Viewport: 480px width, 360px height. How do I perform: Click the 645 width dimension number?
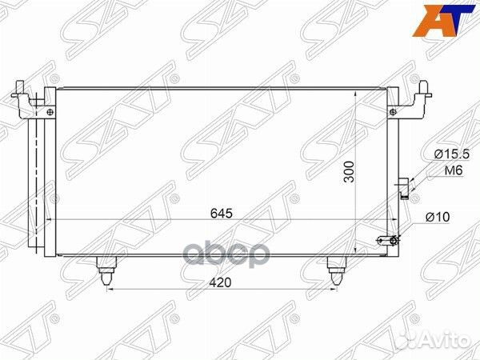222,213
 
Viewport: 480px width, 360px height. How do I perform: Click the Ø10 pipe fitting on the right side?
388,238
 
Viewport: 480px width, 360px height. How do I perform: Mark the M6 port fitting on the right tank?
405,186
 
